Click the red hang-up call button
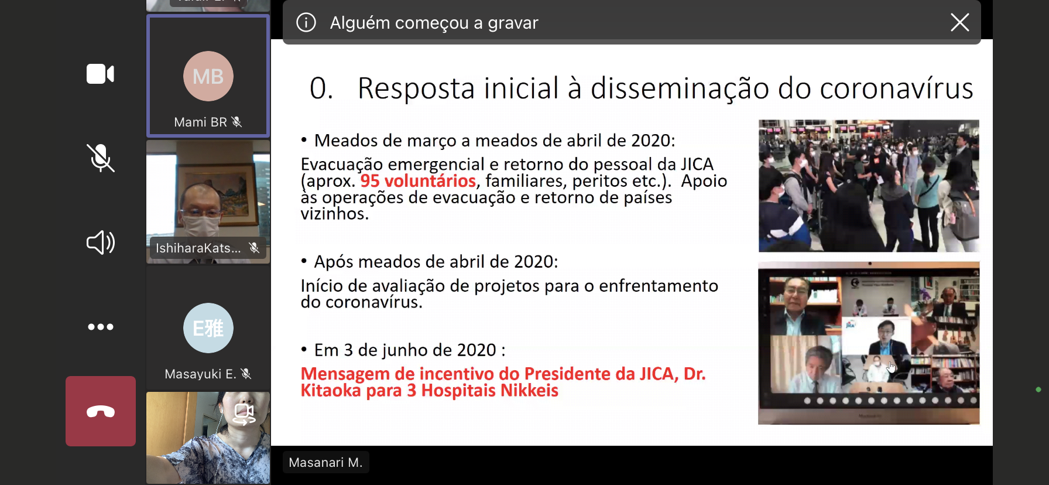[x=101, y=411]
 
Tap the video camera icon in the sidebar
[x=101, y=74]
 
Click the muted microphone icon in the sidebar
[x=101, y=158]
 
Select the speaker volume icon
[x=101, y=242]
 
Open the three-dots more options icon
[x=101, y=327]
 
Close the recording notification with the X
[x=959, y=22]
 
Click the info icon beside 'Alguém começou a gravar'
[x=306, y=22]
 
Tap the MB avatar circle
[x=208, y=76]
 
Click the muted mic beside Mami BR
[x=236, y=122]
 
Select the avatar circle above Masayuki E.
[x=208, y=328]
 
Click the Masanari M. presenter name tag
[x=325, y=462]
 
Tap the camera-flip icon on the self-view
[x=244, y=414]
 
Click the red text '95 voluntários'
[x=418, y=181]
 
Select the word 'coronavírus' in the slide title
[x=896, y=88]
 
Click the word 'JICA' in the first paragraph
[x=697, y=164]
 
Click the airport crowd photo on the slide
[x=869, y=186]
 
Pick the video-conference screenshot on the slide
[x=869, y=343]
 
